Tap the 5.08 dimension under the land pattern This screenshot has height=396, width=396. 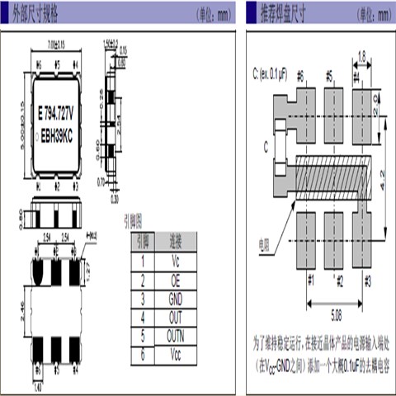(338, 313)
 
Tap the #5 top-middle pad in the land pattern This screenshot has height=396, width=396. (334, 105)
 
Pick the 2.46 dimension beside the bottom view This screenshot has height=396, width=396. (21, 311)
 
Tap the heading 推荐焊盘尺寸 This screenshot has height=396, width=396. (282, 12)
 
